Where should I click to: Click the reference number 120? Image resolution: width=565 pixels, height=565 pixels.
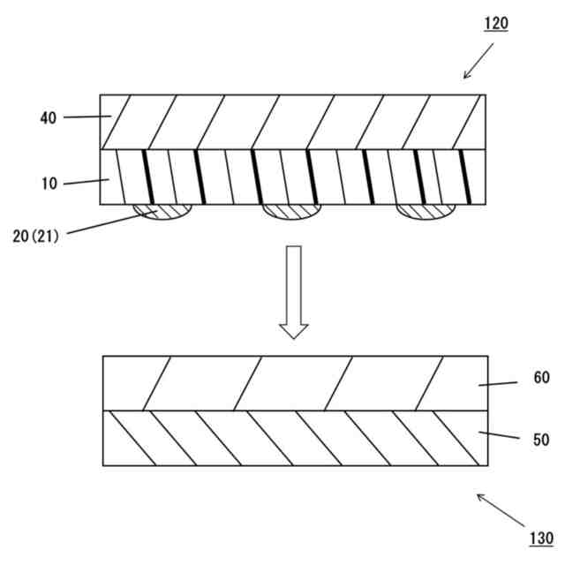496,24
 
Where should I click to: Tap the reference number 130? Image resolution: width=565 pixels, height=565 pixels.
541,538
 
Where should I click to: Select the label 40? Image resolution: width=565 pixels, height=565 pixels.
48,117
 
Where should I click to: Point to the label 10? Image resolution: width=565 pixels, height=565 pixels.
48,184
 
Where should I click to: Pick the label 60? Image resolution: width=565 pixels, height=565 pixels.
541,378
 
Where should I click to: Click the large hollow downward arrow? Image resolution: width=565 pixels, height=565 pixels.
294,292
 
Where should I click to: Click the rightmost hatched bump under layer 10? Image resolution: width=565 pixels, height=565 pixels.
425,211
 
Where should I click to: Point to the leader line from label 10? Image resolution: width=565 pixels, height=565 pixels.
84,183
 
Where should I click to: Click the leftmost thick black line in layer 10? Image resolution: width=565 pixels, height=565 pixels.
147,177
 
